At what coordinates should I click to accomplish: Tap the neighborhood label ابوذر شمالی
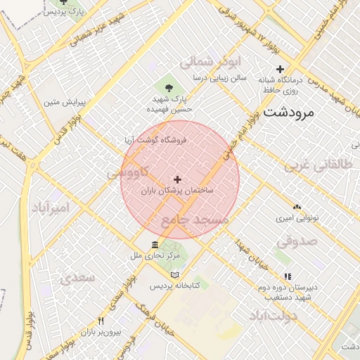coord(210,62)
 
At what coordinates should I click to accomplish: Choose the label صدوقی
coord(296,242)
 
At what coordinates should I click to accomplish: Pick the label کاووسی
coord(127,172)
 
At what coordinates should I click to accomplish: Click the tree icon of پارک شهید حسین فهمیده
coord(168,87)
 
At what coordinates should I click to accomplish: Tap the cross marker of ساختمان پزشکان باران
coord(176,180)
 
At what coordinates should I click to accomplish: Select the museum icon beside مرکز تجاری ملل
coord(154,245)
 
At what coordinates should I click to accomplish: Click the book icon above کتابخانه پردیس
coord(175,274)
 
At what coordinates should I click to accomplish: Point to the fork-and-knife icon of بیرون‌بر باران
coord(101,320)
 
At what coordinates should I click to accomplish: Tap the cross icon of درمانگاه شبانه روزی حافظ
coord(281,69)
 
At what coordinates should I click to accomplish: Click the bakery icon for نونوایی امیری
coord(297,207)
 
